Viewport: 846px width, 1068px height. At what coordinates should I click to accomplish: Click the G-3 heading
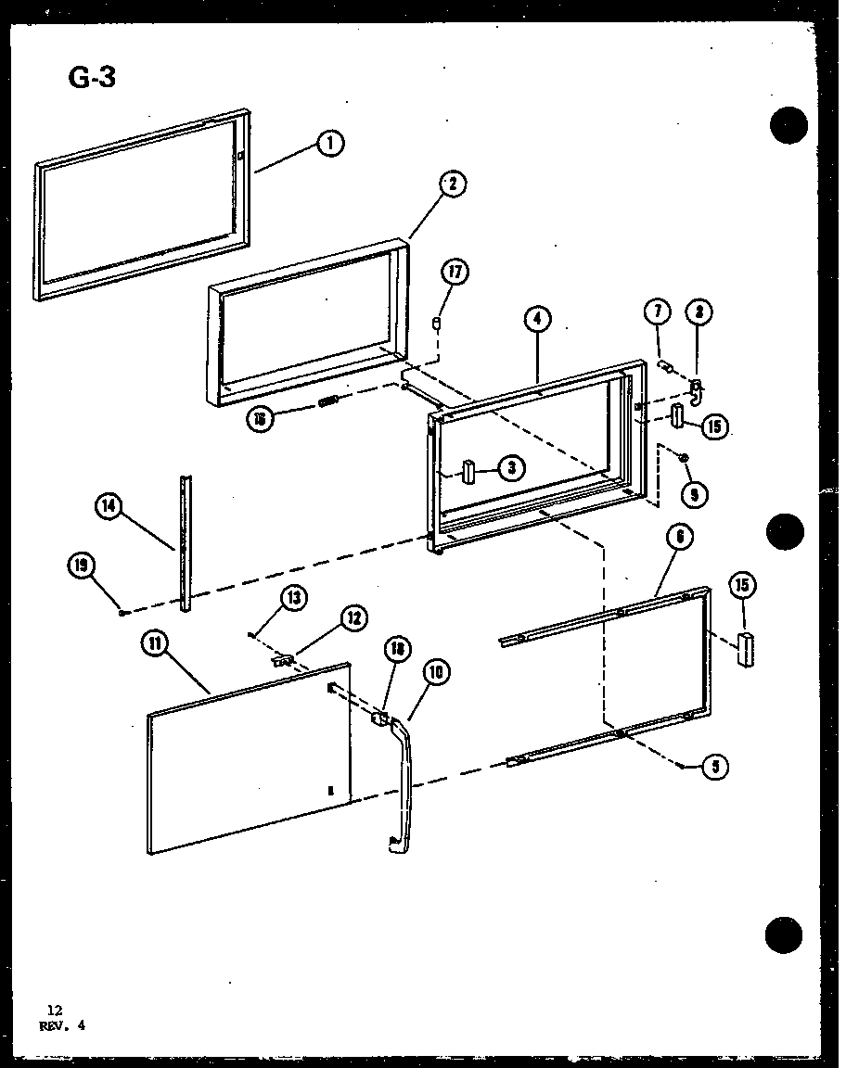point(92,78)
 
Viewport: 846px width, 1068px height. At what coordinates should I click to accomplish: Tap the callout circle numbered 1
point(329,144)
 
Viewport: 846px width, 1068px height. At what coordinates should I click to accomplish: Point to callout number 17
point(455,273)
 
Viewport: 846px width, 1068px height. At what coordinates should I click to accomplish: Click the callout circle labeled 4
point(537,320)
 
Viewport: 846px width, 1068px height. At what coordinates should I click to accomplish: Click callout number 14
point(109,506)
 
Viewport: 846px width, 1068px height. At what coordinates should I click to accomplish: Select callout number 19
point(81,565)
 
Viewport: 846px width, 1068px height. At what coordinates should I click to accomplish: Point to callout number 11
point(157,643)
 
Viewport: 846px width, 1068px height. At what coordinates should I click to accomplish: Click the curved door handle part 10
point(404,779)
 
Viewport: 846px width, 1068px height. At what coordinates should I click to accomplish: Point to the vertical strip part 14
point(186,542)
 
